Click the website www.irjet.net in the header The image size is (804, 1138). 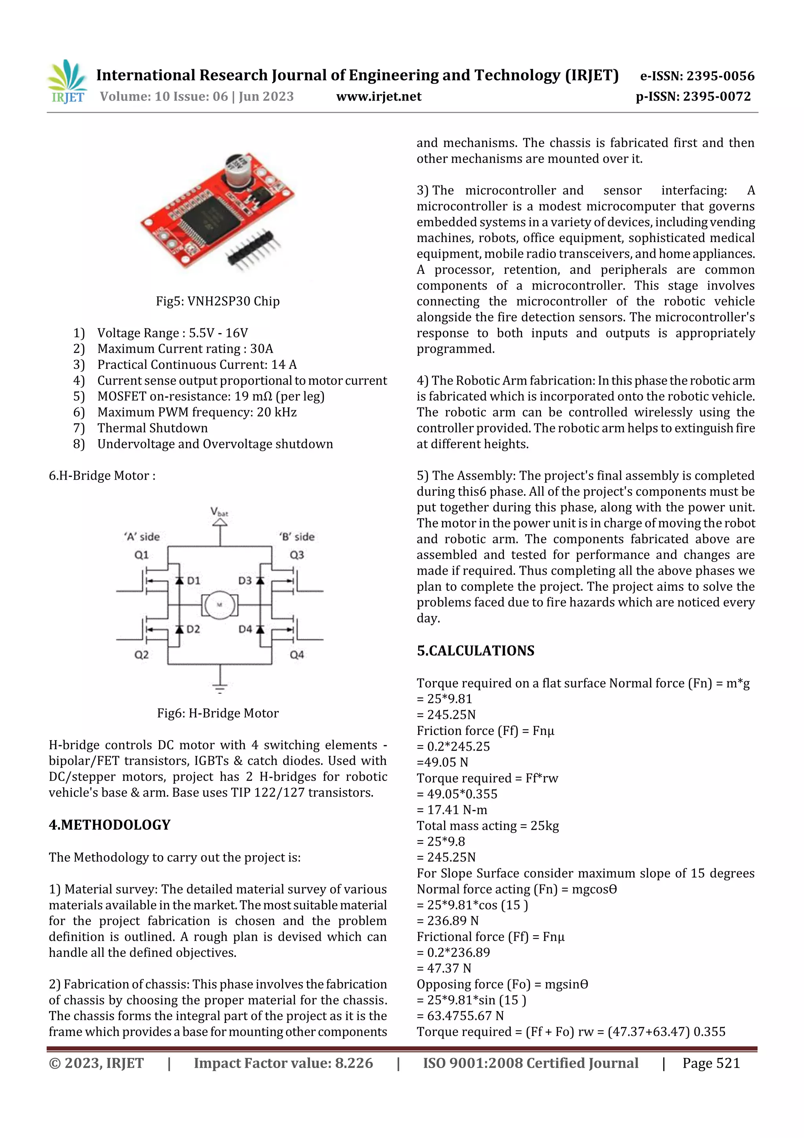tap(378, 97)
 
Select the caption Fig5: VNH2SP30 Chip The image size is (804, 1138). tap(217, 301)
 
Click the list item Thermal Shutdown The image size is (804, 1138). tap(152, 428)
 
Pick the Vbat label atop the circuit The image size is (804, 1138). tap(219, 511)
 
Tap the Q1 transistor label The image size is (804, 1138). tap(142, 555)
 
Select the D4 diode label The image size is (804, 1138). tap(245, 629)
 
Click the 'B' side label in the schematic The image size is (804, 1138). tap(297, 537)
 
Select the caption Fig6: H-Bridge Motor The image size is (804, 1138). tap(217, 713)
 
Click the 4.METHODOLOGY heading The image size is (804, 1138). tap(110, 825)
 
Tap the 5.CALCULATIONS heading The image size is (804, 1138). tap(475, 651)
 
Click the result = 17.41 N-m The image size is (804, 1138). tap(452, 810)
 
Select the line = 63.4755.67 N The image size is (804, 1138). tap(460, 1016)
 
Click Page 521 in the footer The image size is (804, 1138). tap(711, 1063)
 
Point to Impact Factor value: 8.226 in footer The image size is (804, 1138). tap(283, 1063)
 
